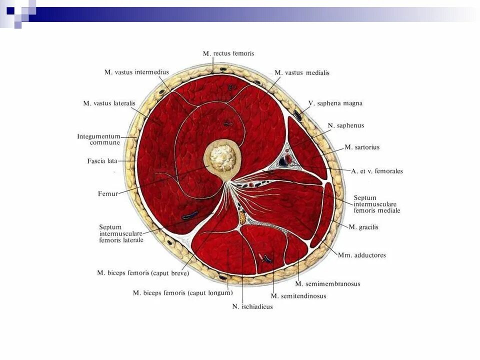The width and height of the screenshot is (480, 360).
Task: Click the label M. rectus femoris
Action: tap(228, 53)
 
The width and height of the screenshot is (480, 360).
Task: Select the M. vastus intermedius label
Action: tap(136, 72)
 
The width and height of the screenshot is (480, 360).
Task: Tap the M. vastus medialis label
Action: tap(302, 72)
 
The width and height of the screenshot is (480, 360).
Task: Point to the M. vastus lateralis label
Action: tap(109, 103)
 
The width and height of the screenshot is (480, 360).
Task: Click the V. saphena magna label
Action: tap(335, 103)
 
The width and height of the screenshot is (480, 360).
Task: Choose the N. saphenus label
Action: tap(345, 125)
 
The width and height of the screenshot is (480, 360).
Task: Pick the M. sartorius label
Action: tap(362, 147)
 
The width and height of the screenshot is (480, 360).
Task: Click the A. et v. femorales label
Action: tap(376, 171)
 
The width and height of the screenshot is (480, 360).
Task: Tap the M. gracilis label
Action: tap(363, 227)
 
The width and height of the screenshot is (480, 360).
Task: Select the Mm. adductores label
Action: tap(361, 255)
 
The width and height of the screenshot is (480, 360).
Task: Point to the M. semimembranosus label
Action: tap(327, 284)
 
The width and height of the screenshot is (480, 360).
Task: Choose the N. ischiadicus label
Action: tap(252, 306)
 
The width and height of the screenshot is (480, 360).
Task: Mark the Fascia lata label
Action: tap(102, 161)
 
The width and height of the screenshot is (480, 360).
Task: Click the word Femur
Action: tap(108, 193)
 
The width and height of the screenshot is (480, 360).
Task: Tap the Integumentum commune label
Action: tap(98, 139)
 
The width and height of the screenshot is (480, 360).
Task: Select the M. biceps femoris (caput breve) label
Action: tap(142, 273)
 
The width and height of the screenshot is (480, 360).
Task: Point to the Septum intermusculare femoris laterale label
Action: tap(121, 233)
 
